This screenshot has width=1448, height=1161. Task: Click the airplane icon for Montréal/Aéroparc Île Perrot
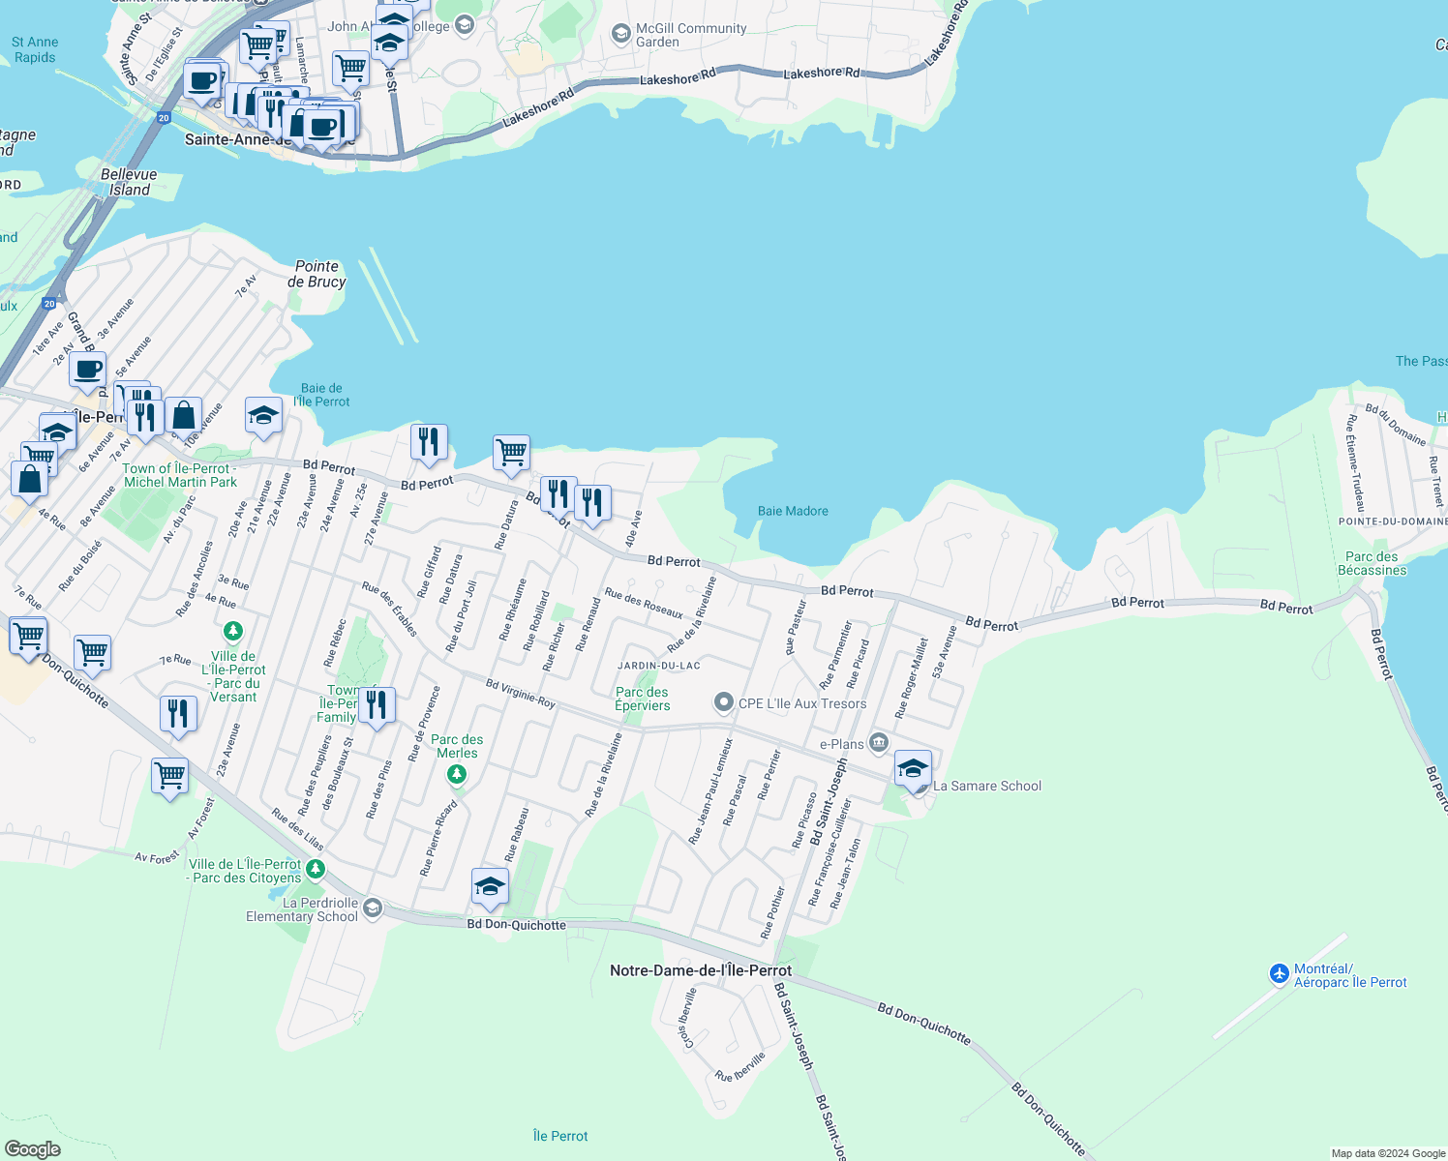click(x=1280, y=972)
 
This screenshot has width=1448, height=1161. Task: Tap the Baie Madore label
click(x=793, y=511)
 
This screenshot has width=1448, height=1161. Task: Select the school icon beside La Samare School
click(x=913, y=769)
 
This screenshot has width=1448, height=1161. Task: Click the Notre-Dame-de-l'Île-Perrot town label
click(x=701, y=970)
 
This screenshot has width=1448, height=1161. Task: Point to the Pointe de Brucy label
click(x=317, y=274)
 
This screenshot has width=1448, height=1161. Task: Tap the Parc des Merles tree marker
click(x=457, y=774)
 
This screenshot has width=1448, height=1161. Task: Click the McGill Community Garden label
click(x=690, y=35)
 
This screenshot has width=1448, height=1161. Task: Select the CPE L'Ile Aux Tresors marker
click(x=723, y=703)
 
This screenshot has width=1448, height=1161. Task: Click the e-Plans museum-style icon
click(x=878, y=743)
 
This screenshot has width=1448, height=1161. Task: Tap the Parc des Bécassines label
click(x=1372, y=563)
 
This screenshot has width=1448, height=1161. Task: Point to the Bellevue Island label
click(x=129, y=182)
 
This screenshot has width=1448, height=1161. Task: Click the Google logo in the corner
click(x=33, y=1148)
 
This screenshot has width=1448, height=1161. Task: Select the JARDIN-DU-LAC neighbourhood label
click(x=659, y=666)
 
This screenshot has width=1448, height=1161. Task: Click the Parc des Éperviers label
click(x=642, y=699)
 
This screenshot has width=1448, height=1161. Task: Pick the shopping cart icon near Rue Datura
click(x=511, y=452)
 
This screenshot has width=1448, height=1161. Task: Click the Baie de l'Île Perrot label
click(x=321, y=395)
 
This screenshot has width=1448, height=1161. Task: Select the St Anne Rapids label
click(x=35, y=49)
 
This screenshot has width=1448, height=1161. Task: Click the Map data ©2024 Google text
click(x=1388, y=1153)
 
